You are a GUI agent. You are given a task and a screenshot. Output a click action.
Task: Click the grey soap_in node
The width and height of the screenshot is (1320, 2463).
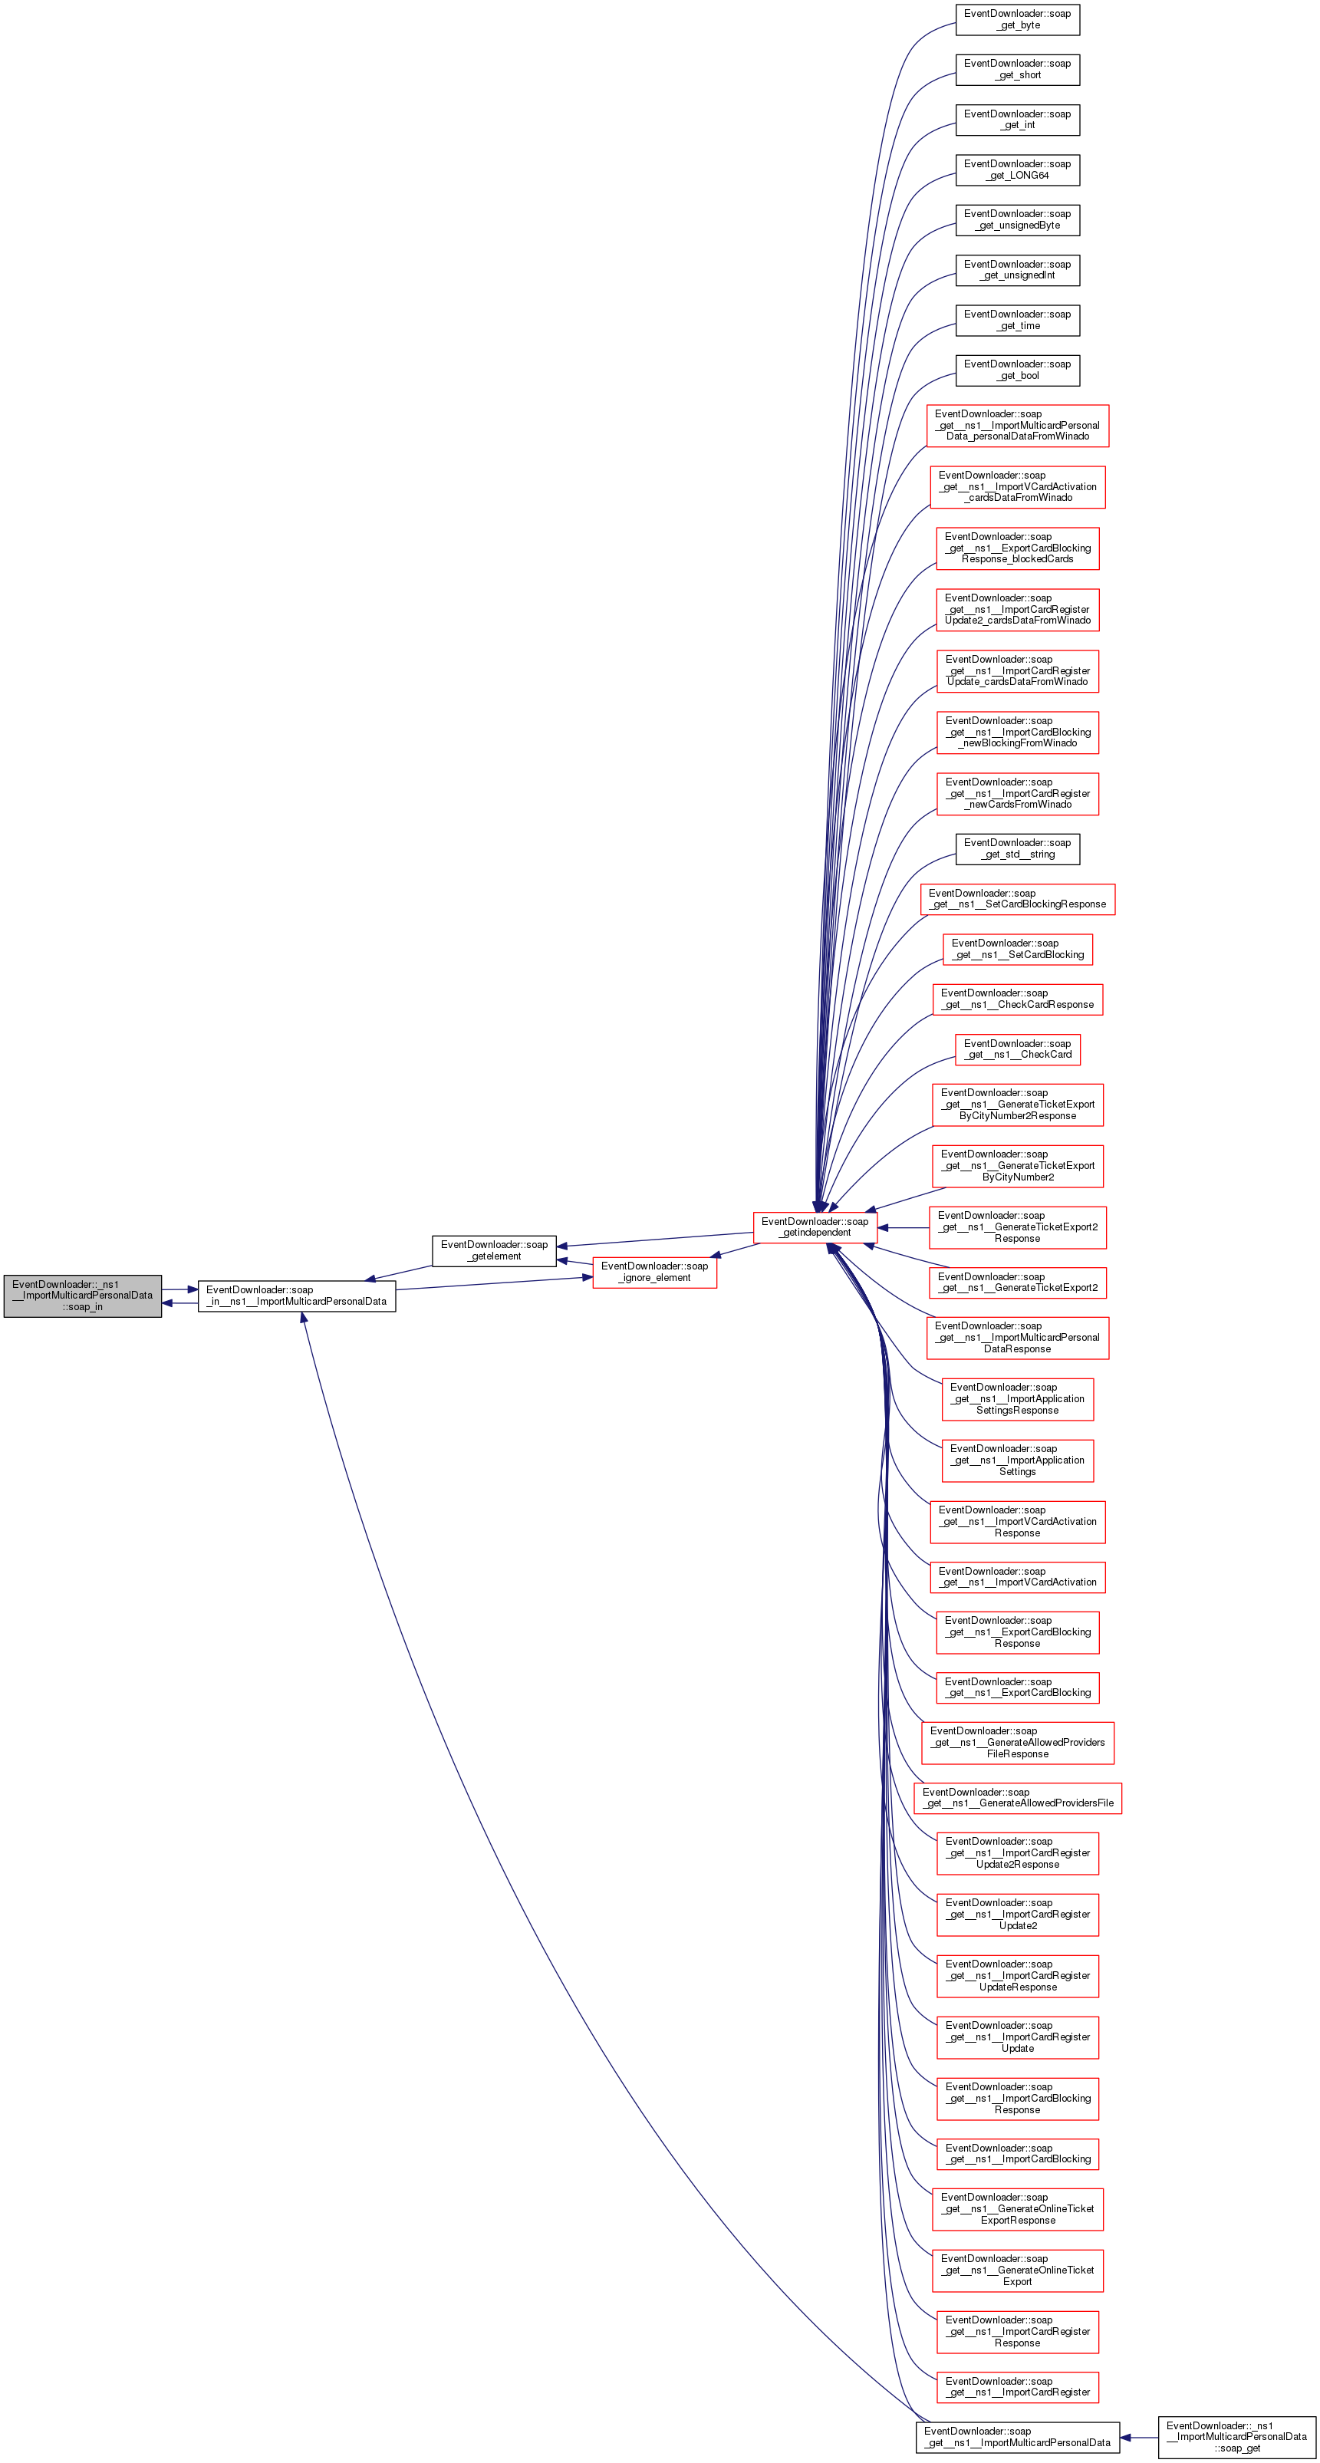coord(82,1296)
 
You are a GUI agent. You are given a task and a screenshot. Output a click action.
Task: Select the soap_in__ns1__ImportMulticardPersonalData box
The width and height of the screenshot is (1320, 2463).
coord(296,1296)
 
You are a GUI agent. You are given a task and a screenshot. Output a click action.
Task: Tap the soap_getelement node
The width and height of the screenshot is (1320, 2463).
coord(494,1250)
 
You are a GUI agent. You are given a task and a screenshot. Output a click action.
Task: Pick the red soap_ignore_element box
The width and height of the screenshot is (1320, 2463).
coord(655,1272)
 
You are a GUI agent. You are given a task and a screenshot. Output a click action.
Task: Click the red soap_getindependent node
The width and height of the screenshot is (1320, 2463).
coord(815,1227)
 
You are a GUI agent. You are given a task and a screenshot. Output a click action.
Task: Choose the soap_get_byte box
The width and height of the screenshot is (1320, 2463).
coord(1017,19)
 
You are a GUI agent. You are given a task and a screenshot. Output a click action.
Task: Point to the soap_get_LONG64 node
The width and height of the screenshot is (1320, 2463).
coord(1017,170)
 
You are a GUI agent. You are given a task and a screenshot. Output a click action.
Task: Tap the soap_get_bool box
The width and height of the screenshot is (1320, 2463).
coord(1017,369)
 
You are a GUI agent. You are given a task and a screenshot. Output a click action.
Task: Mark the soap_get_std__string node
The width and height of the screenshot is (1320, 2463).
coord(1017,848)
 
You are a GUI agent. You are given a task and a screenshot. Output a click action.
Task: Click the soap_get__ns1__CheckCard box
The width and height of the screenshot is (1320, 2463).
coord(1017,1049)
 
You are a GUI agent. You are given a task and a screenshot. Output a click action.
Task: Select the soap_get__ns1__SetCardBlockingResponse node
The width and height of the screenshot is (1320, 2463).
coord(1017,899)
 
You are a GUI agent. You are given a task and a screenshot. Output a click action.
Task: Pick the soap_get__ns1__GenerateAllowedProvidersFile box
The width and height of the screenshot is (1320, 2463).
coord(1017,1797)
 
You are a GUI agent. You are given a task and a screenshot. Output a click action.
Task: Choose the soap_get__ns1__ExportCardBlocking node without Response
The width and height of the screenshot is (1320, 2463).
coord(1017,1687)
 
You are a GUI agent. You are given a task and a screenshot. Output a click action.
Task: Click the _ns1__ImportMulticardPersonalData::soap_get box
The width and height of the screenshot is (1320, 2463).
coord(1237,2436)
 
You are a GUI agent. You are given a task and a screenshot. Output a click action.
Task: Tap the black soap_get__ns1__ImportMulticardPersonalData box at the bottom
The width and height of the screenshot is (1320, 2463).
coord(1017,2436)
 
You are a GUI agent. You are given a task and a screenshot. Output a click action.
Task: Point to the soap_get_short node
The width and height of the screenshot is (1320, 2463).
coord(1017,69)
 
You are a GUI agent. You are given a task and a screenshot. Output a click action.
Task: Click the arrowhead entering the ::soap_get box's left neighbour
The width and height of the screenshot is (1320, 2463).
coord(1126,2436)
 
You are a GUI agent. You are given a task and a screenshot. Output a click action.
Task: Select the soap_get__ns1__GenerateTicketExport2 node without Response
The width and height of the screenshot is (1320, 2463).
coord(1017,1283)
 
